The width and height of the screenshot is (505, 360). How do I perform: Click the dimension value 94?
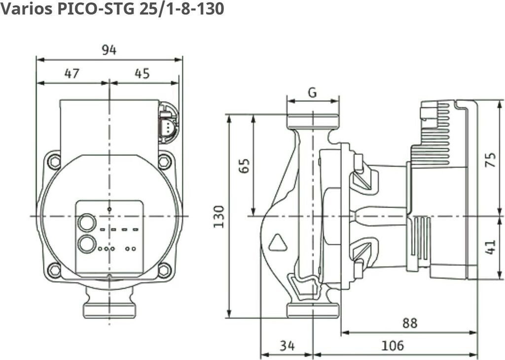(x=109, y=50)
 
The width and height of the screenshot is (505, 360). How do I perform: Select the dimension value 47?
(x=72, y=73)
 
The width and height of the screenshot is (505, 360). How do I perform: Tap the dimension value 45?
(x=142, y=73)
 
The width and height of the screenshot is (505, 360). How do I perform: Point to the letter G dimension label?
(x=312, y=92)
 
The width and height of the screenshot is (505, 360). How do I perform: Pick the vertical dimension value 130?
(x=219, y=216)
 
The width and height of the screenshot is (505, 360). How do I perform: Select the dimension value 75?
(x=490, y=159)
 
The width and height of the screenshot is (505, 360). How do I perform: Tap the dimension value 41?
(x=490, y=247)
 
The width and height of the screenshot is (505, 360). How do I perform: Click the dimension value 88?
(x=409, y=323)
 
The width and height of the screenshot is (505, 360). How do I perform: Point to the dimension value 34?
(x=287, y=346)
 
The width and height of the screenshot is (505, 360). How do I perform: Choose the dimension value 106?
(x=393, y=346)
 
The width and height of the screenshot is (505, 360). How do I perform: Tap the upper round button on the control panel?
(x=87, y=223)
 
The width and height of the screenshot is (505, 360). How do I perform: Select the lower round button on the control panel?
(x=87, y=244)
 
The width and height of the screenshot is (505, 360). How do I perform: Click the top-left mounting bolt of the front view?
(x=54, y=161)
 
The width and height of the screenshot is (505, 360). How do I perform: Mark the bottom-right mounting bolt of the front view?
(x=164, y=270)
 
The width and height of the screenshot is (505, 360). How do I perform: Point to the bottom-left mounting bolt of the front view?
(x=54, y=270)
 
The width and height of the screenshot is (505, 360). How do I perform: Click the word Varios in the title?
(x=25, y=8)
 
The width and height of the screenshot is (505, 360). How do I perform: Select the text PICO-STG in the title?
(x=93, y=8)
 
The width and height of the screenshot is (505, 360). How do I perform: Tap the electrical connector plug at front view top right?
(x=168, y=123)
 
